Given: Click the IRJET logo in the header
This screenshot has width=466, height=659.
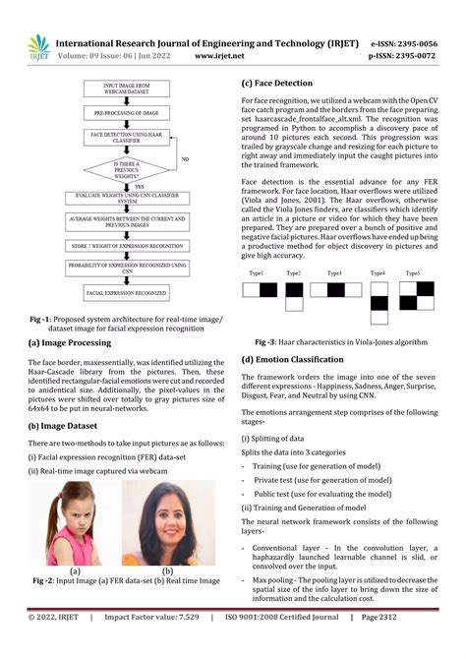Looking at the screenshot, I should pos(37,47).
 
